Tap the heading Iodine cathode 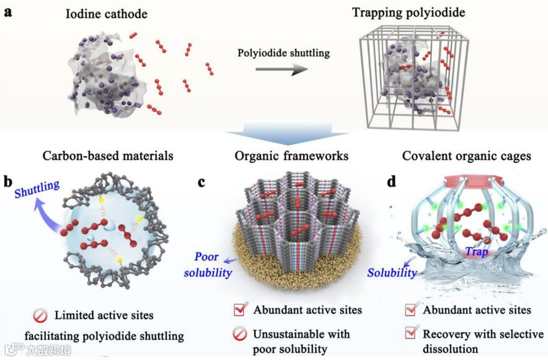click(106, 13)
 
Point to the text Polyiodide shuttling click(284, 53)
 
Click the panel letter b click(8, 181)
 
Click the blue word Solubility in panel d click(392, 272)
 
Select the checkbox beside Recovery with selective click(411, 334)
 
